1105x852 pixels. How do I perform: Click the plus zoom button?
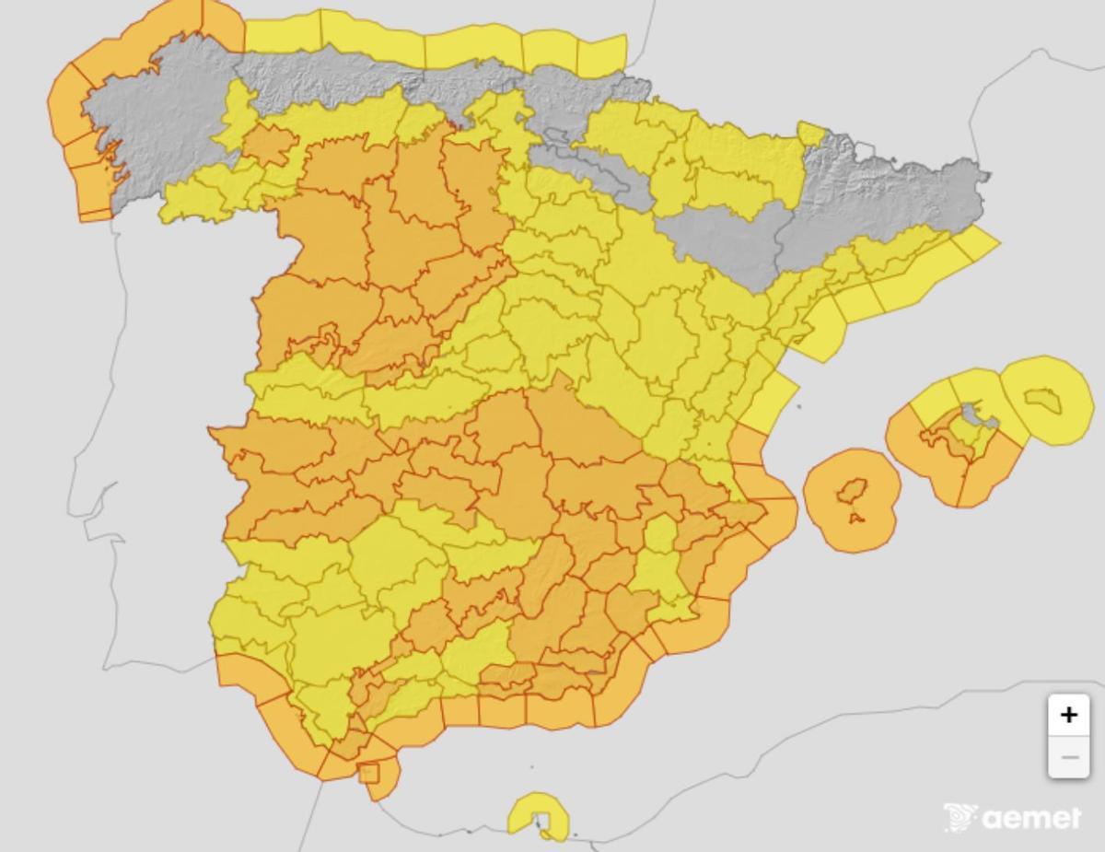[1068, 715]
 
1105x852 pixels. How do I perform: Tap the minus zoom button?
[1068, 758]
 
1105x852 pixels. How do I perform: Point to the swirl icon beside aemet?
[960, 817]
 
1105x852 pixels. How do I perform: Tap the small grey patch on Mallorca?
[971, 411]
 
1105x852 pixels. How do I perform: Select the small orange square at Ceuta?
[368, 773]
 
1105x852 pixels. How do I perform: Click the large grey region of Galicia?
[157, 129]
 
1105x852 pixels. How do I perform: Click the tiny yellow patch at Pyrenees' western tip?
[811, 134]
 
